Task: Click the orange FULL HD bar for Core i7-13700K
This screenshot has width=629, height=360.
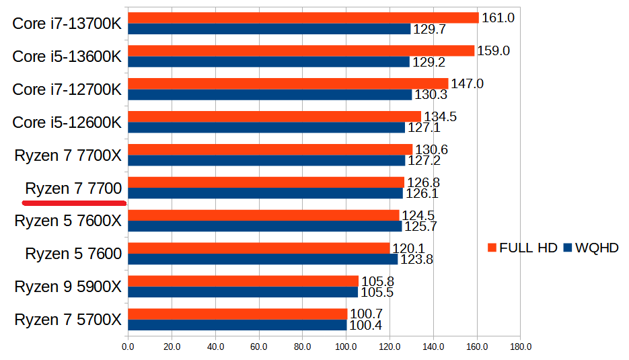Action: click(x=303, y=18)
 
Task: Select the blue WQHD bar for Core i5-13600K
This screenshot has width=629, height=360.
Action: click(x=268, y=62)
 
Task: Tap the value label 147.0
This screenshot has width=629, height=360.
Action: click(x=467, y=84)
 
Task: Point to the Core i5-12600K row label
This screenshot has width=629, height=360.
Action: click(x=67, y=122)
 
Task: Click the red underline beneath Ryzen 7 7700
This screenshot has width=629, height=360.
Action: click(x=74, y=201)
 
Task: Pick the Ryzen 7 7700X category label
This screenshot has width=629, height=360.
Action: click(x=68, y=155)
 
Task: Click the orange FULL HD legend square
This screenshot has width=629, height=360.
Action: click(x=492, y=248)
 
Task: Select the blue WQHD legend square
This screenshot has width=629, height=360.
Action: click(x=568, y=248)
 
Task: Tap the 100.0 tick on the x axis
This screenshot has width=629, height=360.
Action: click(x=346, y=347)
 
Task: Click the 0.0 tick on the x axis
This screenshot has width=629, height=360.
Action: click(x=128, y=347)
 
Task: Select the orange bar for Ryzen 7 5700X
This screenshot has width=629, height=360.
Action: click(x=237, y=314)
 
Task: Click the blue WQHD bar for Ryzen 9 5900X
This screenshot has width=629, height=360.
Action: click(x=243, y=292)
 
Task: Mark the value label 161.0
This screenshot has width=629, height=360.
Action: click(x=498, y=18)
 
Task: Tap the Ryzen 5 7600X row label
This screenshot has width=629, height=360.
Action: click(x=68, y=221)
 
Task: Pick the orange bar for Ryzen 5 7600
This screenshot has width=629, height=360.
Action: click(x=258, y=248)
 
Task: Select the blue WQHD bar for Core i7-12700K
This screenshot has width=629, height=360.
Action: click(x=269, y=95)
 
